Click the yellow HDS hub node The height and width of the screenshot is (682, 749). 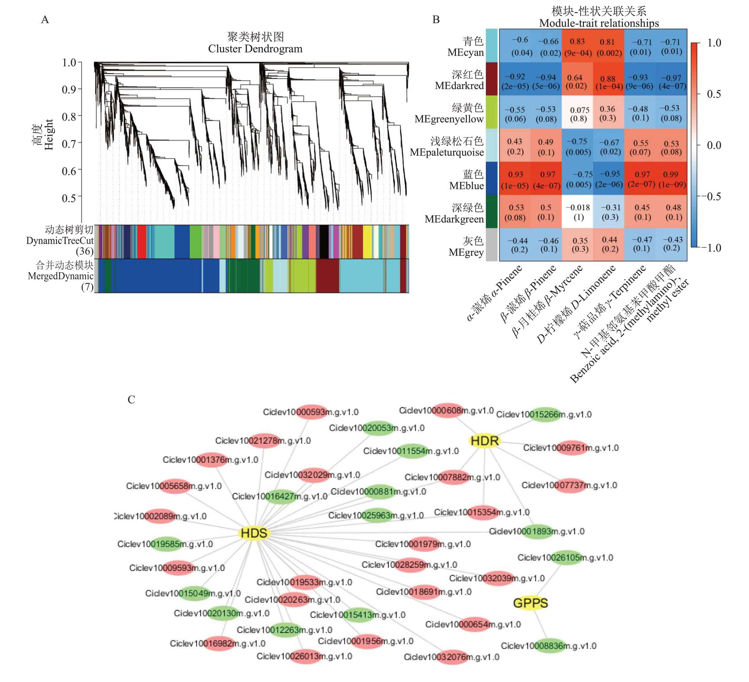coord(254,533)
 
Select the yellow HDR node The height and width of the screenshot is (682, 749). coord(484,441)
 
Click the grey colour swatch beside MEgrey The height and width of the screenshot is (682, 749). coord(491,245)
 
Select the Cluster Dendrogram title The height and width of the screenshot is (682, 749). coord(255,49)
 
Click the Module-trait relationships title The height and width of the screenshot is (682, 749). coord(599,23)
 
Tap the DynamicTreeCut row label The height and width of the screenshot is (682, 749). coord(60,241)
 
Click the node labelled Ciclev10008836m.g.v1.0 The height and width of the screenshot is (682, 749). coord(548,646)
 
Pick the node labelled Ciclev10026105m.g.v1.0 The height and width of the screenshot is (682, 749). coord(565,557)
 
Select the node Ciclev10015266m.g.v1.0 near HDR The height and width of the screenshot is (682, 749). coord(544,414)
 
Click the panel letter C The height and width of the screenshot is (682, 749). coord(131,399)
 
